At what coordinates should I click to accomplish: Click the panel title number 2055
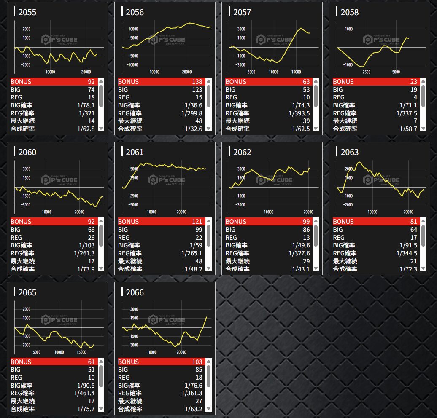pyautogui.click(x=27, y=12)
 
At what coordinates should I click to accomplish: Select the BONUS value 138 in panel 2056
pyautogui.click(x=197, y=82)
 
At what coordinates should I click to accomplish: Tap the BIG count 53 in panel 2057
pyautogui.click(x=306, y=90)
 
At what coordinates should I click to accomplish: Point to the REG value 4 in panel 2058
pyautogui.click(x=415, y=97)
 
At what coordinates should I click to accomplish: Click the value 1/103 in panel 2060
pyautogui.click(x=86, y=245)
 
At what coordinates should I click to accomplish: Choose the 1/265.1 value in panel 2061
pyautogui.click(x=192, y=253)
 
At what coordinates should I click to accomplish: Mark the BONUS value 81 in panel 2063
pyautogui.click(x=413, y=222)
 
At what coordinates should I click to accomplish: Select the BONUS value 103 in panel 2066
pyautogui.click(x=197, y=362)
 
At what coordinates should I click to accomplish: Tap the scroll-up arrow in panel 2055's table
pyautogui.click(x=101, y=82)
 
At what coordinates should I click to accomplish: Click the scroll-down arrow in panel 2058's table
pyautogui.click(x=423, y=129)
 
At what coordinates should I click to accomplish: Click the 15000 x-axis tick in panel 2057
pyautogui.click(x=296, y=72)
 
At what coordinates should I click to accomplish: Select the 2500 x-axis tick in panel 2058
pyautogui.click(x=367, y=72)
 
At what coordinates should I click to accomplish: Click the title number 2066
pyautogui.click(x=135, y=292)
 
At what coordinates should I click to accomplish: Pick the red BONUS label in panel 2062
pyautogui.click(x=237, y=222)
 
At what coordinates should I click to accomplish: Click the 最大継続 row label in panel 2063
pyautogui.click(x=345, y=261)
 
